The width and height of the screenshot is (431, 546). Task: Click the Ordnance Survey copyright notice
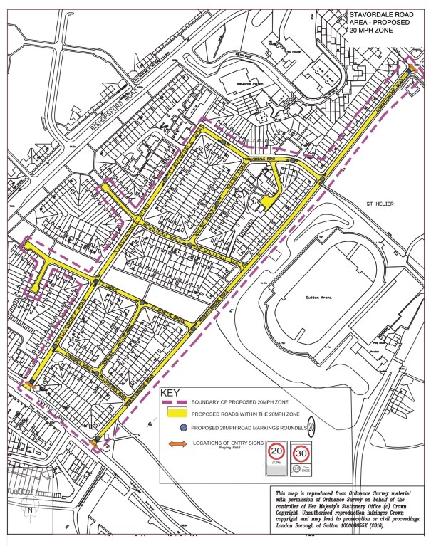(x=348, y=511)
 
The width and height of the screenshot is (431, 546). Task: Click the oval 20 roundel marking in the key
(x=313, y=428)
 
